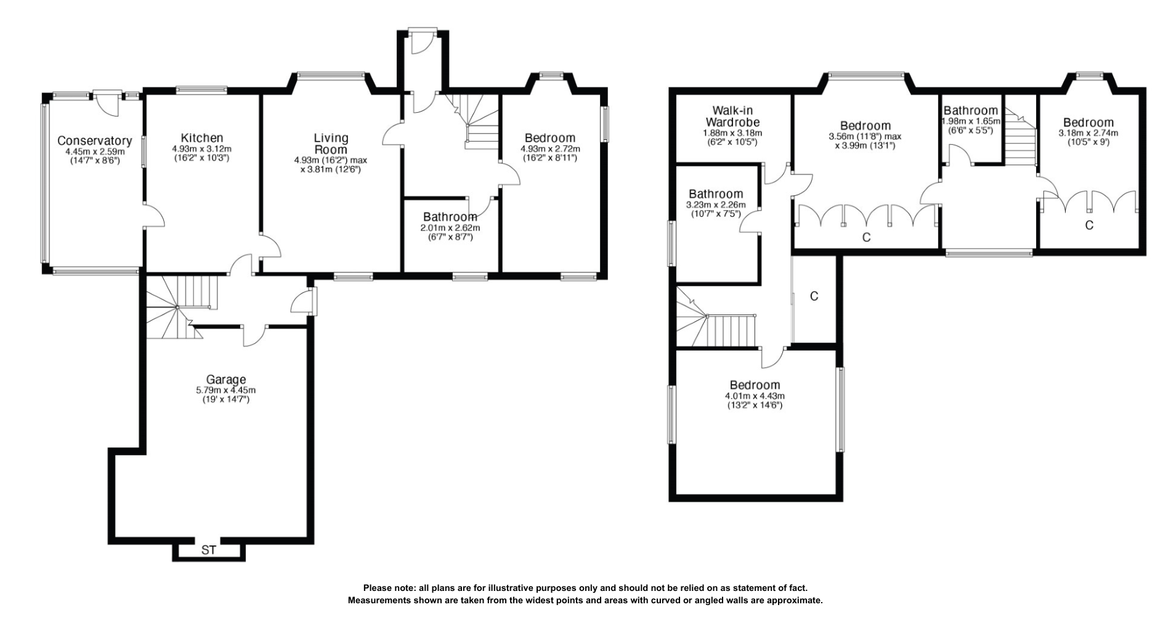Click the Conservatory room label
(x=94, y=141)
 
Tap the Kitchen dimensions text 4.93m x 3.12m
(x=201, y=149)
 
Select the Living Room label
(x=331, y=144)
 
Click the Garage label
(x=225, y=380)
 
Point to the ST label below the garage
(x=209, y=550)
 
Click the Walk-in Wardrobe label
(x=732, y=116)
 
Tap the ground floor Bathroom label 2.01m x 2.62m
(x=450, y=217)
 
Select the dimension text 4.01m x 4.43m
(x=755, y=396)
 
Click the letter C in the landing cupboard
(x=814, y=296)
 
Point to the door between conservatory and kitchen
(x=153, y=216)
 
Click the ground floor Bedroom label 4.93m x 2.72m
(x=549, y=138)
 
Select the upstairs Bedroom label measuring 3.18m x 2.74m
(x=1088, y=123)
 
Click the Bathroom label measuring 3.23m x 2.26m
(x=716, y=194)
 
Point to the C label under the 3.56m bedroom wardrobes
(x=866, y=237)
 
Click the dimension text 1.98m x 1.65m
(x=971, y=122)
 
